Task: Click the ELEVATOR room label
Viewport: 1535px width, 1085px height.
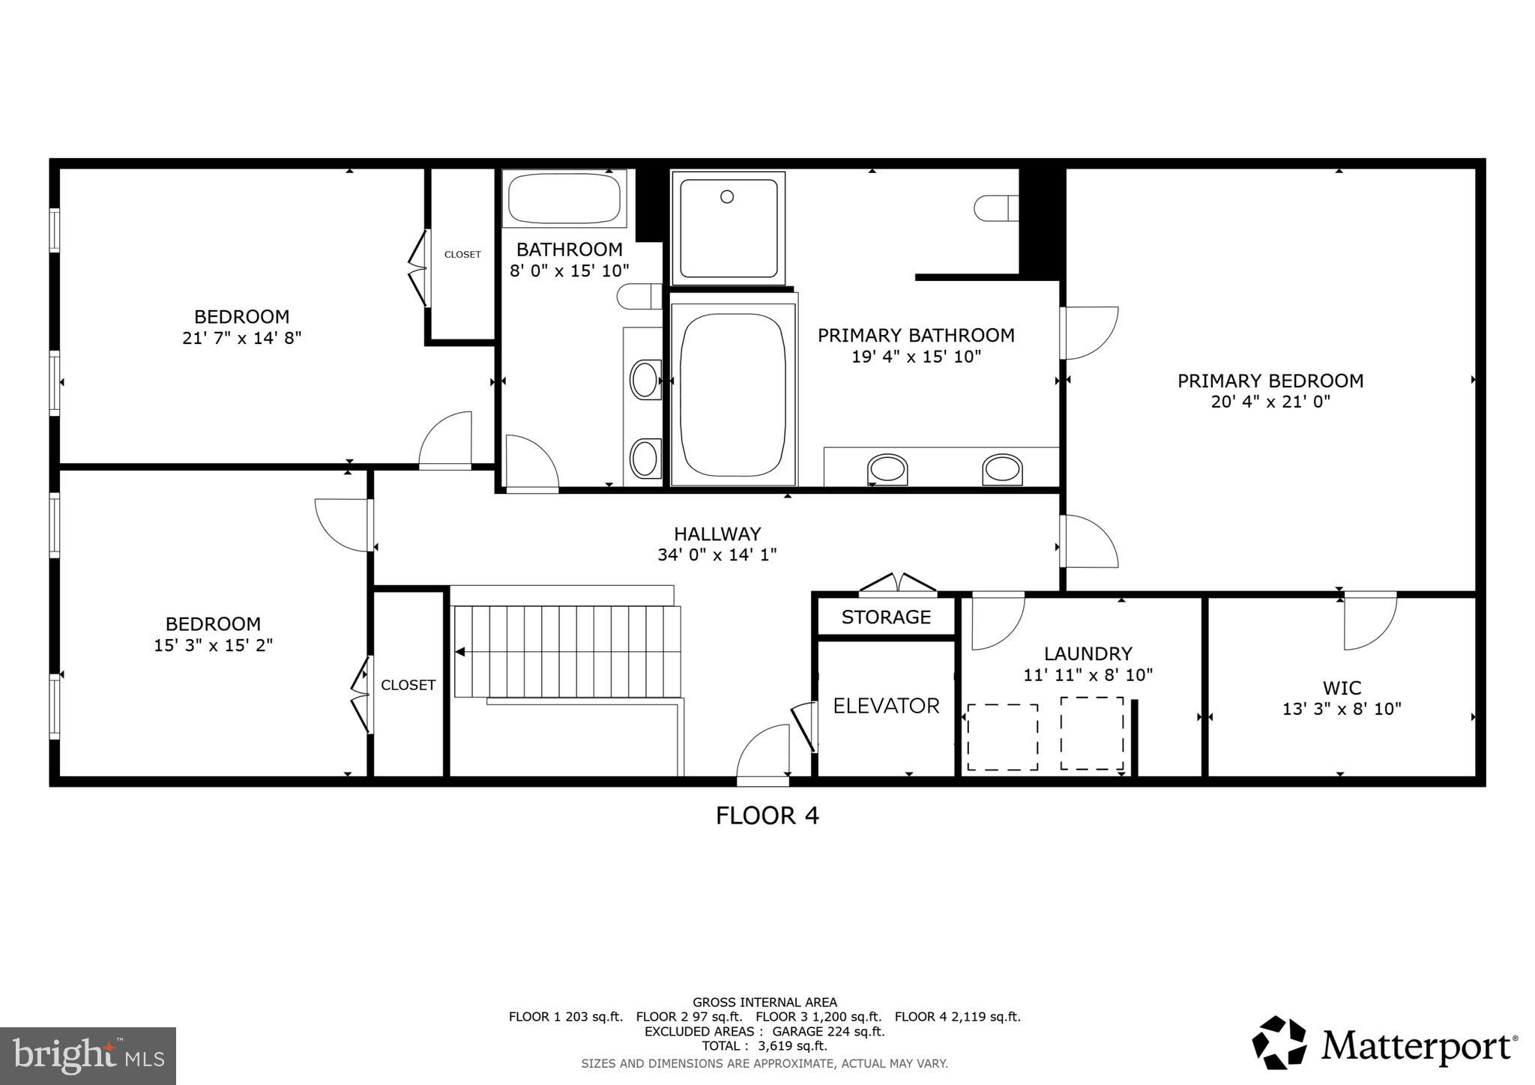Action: coord(886,706)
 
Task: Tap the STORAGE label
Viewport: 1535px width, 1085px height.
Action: coord(886,617)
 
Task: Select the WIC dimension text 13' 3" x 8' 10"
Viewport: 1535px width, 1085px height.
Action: coord(1342,709)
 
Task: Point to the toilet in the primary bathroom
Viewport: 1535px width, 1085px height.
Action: coord(995,208)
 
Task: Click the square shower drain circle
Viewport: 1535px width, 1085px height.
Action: coord(726,196)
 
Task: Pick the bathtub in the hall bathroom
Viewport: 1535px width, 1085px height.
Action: coord(564,199)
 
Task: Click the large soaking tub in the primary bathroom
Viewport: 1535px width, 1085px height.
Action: coord(733,389)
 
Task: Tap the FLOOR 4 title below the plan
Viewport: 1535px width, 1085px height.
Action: coord(767,815)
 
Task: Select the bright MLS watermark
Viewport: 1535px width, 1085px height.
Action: coord(88,1057)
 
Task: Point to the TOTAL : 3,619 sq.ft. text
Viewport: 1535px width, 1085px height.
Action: coord(765,1046)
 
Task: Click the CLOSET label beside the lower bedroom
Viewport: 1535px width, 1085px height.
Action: coord(408,685)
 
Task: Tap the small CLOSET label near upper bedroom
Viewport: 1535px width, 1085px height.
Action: coord(462,255)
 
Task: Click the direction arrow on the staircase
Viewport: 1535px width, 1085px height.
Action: coord(459,652)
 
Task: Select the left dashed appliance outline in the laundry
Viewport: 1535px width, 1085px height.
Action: coord(1002,737)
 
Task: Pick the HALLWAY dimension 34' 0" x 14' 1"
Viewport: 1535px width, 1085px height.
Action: coord(717,555)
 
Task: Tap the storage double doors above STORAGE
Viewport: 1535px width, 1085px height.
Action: coord(898,583)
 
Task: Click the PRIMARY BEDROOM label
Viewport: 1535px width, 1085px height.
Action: coord(1270,381)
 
